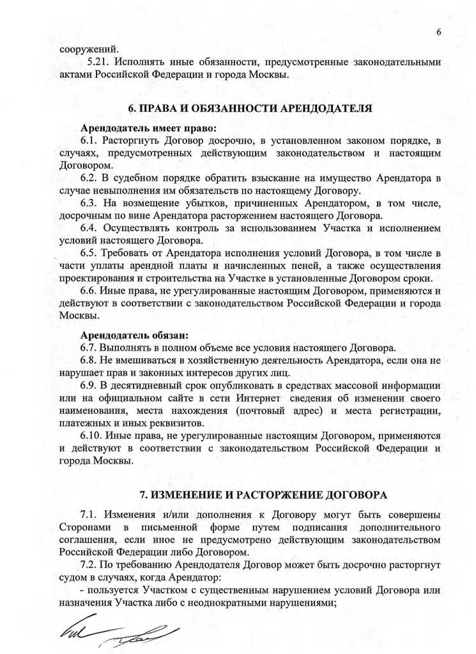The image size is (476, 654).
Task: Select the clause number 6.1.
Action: (91, 140)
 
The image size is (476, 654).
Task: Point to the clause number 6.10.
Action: (93, 436)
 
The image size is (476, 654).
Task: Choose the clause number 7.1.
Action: (91, 515)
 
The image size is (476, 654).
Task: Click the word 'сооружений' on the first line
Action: (89, 49)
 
